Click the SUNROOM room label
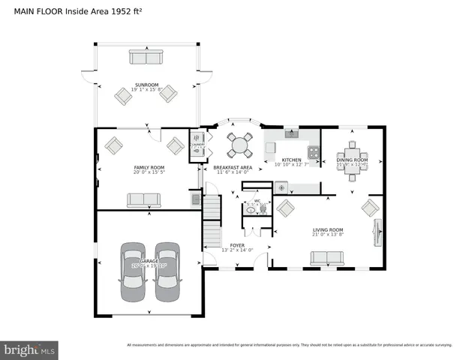[146, 85]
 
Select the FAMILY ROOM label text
[149, 167]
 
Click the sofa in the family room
[143, 199]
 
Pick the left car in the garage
[133, 271]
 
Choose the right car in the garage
[167, 271]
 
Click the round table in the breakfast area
[241, 144]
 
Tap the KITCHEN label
[291, 160]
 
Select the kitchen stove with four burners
[316, 156]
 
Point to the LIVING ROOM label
[328, 229]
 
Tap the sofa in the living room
[326, 258]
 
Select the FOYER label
[237, 245]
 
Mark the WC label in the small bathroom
[257, 201]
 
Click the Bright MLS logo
[30, 349]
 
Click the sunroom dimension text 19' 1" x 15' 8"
[146, 90]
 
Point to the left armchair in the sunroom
[123, 94]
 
